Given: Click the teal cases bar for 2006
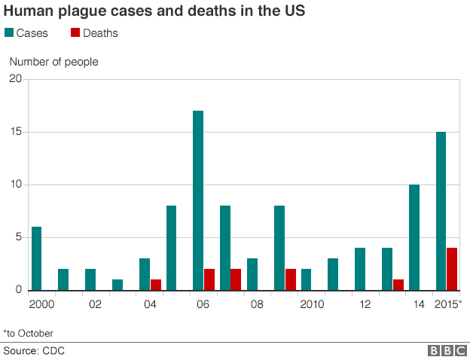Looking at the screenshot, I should click(198, 200).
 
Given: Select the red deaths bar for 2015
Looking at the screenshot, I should click(452, 269).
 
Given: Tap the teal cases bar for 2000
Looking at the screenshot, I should click(36, 258).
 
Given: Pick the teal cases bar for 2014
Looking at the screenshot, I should click(414, 237).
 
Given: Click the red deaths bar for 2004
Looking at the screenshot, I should click(155, 285).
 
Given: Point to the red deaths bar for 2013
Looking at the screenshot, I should click(398, 285).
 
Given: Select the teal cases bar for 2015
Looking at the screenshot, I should click(441, 211).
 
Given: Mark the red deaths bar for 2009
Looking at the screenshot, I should click(290, 279).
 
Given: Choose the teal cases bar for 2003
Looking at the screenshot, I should click(117, 285).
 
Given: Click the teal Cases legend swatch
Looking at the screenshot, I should click(9, 33).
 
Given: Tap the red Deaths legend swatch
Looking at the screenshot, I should click(75, 33).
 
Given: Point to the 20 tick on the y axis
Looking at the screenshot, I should click(16, 79).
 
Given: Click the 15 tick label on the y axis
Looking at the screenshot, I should click(16, 132).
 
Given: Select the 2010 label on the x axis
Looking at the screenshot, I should click(311, 304).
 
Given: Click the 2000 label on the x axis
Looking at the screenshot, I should click(41, 304).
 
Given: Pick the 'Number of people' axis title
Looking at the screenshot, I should click(53, 62).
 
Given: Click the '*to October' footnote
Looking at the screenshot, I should click(29, 332).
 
